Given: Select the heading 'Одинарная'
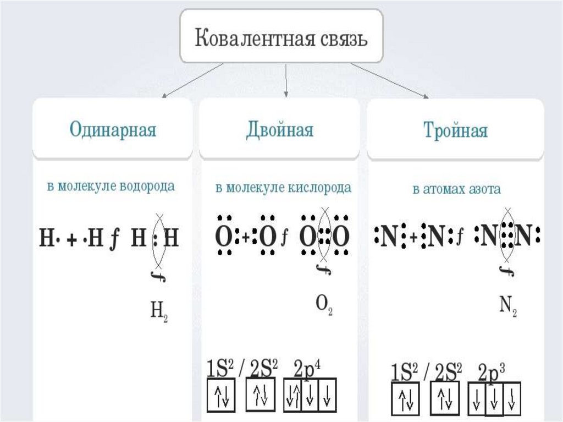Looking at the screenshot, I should [x=113, y=130].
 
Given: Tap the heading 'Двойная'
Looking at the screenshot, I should [x=280, y=130].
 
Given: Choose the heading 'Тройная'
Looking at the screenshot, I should [x=455, y=131].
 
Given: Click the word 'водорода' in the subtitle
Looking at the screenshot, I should [x=150, y=187].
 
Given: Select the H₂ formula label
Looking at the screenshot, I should [x=159, y=313].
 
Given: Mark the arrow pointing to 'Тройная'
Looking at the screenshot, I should [x=390, y=81].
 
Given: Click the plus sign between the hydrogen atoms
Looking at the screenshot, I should [x=71, y=239].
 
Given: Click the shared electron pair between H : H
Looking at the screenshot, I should [x=157, y=239].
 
